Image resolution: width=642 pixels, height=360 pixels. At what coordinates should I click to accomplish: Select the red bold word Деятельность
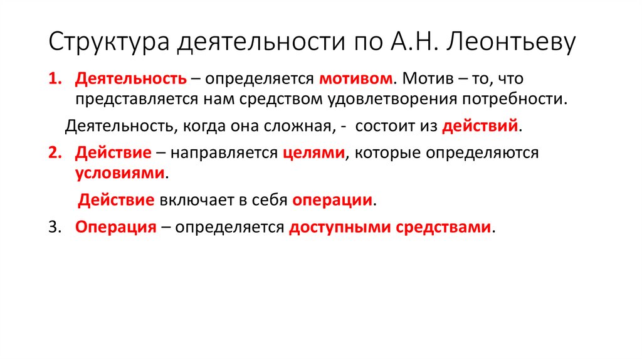[130, 80]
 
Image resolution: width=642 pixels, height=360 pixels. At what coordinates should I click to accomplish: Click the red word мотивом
[356, 80]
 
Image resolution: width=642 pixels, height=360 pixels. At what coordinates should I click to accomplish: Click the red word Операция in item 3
[115, 227]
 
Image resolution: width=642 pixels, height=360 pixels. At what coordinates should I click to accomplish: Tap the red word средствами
[444, 227]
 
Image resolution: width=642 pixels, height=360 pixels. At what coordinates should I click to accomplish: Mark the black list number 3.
[53, 227]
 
